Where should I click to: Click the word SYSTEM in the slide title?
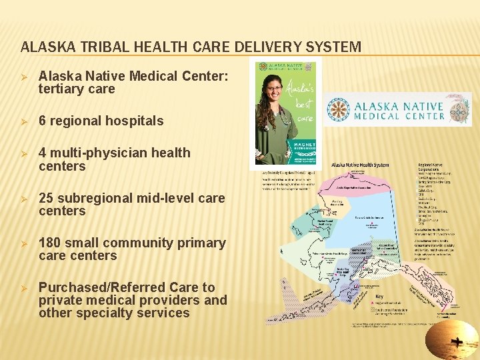pyautogui.click(x=336, y=47)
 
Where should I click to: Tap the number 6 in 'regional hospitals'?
pyautogui.click(x=43, y=121)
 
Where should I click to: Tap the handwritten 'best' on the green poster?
pyautogui.click(x=304, y=105)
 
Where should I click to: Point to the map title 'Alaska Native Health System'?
pyautogui.click(x=360, y=164)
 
